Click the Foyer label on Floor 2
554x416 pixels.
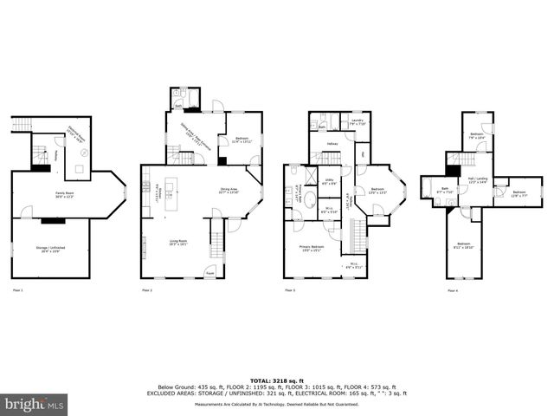point(210,274)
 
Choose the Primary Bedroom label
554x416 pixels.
point(312,248)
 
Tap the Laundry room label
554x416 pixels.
point(357,122)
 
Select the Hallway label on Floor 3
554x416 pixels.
point(332,144)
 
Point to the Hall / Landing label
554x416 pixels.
point(479,181)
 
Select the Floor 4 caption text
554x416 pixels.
point(453,289)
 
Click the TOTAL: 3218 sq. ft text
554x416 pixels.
point(277,380)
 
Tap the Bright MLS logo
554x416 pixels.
point(35,404)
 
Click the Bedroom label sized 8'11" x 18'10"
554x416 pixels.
point(464,244)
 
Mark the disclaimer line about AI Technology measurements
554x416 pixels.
point(277,404)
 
